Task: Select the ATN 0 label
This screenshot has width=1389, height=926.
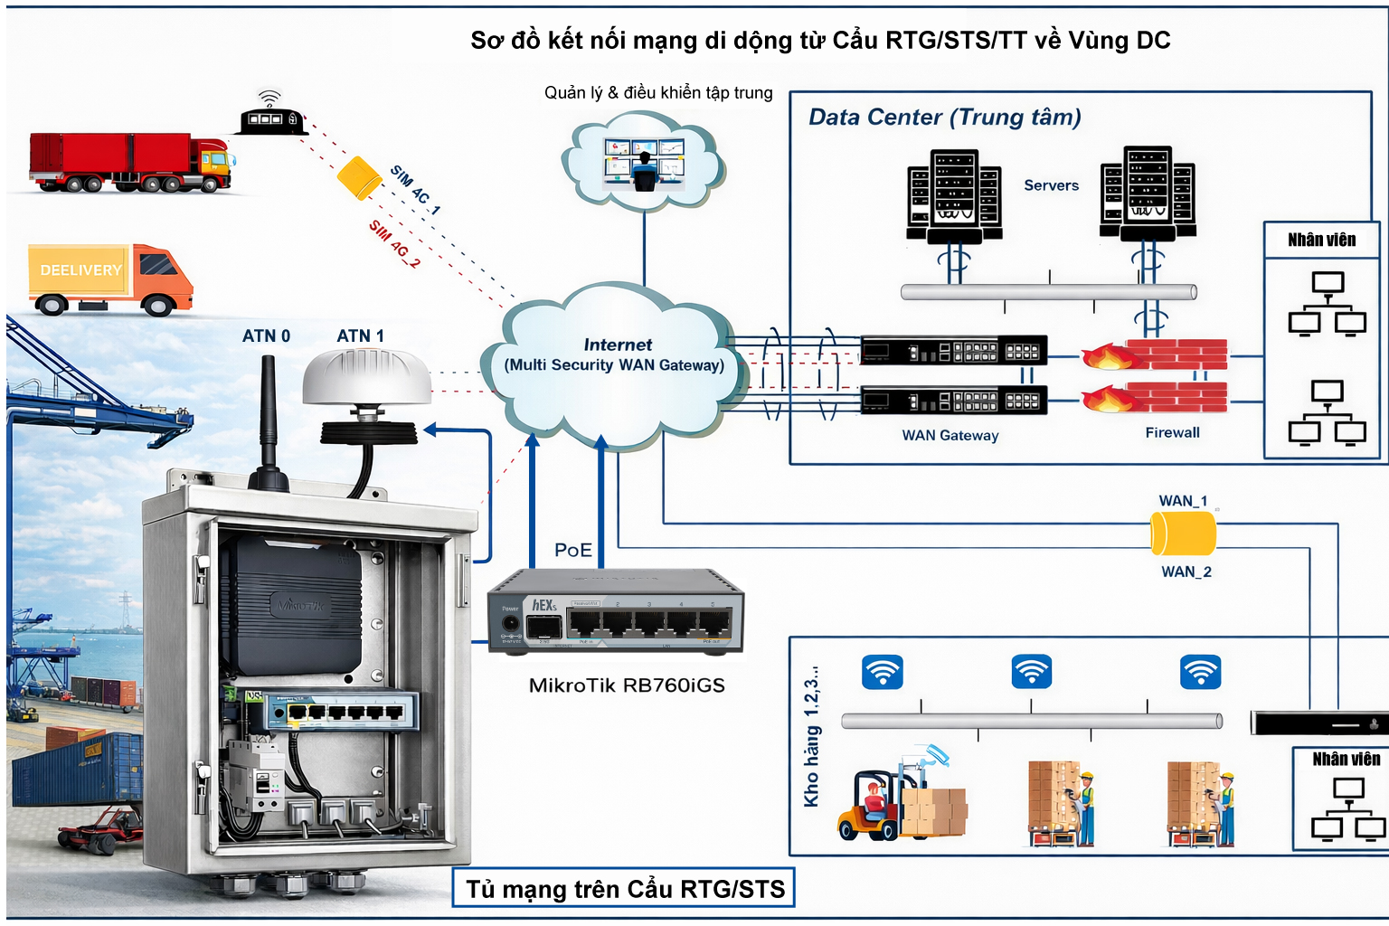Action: point(266,336)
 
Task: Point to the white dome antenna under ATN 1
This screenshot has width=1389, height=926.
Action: point(366,378)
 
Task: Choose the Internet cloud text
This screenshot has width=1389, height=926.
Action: point(616,355)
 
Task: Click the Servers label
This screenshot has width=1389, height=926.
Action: point(1051,185)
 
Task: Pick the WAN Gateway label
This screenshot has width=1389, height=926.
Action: point(950,436)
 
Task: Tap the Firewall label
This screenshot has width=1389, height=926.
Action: point(1172,433)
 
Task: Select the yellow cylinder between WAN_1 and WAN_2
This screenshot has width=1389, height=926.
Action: point(1183,534)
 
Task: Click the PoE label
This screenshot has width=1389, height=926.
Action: point(572,550)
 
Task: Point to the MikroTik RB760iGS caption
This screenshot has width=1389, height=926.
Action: point(627,685)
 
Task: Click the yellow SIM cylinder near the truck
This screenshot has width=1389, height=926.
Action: point(359,177)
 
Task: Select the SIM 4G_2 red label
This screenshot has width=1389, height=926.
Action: point(394,244)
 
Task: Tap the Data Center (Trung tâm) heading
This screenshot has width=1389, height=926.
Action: point(944,118)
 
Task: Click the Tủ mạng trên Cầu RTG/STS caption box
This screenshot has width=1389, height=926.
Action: point(624,889)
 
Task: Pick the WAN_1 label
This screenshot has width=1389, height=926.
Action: point(1183,501)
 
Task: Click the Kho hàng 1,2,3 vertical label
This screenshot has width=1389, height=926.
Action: point(812,736)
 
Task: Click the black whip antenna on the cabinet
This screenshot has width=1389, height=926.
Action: point(269,416)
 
